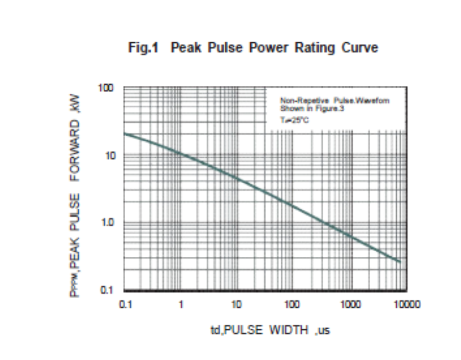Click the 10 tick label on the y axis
coord(108,155)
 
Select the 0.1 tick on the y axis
coord(108,290)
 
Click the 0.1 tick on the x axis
coord(125,304)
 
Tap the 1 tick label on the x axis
coord(181,304)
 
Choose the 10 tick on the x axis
coord(236,304)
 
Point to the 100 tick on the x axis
coord(292,304)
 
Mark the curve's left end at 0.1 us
coord(125,133)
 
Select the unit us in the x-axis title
coord(324,332)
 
